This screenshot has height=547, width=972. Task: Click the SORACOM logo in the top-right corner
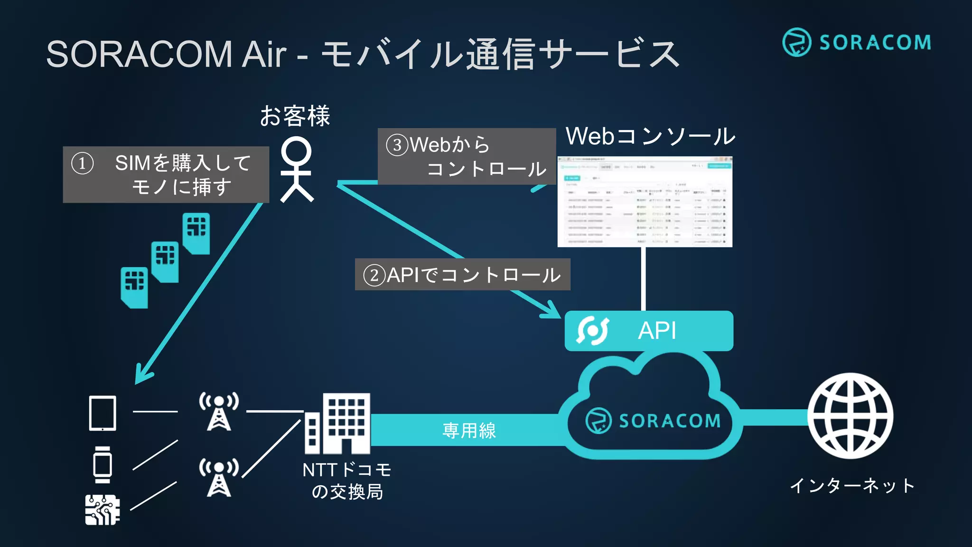(857, 42)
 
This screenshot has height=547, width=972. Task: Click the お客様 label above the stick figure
(295, 116)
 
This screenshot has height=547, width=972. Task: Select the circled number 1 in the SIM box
(82, 163)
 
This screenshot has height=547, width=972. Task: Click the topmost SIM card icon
(196, 233)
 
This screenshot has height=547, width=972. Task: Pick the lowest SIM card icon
(134, 287)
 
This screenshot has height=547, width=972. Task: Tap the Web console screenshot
(645, 202)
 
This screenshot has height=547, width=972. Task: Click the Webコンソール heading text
(650, 136)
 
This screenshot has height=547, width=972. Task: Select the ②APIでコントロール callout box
(462, 274)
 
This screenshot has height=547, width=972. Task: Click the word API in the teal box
(657, 330)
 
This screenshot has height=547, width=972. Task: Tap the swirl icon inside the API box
(592, 330)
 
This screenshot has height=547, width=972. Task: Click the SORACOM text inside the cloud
(669, 421)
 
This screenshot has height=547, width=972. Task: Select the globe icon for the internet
(850, 415)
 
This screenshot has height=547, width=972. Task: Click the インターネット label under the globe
(852, 485)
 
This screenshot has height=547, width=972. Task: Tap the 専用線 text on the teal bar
(469, 430)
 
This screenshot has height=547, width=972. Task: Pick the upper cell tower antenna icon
(219, 411)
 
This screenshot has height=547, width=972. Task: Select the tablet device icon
(103, 413)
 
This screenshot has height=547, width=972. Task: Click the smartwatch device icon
(103, 464)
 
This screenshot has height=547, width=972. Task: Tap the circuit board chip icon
(102, 509)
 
